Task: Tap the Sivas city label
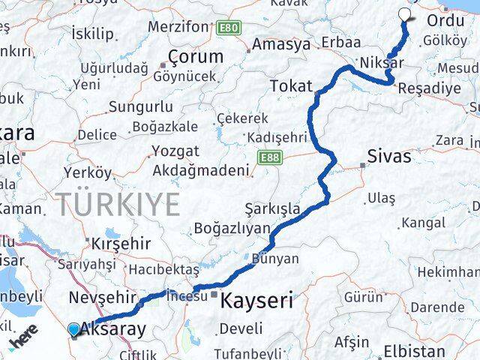389,157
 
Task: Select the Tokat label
290,86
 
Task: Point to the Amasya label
281,44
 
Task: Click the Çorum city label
196,56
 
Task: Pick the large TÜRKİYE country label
117,204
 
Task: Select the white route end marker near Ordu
405,13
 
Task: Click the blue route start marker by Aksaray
73,329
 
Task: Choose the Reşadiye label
430,88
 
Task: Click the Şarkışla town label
271,208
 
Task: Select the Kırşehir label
121,244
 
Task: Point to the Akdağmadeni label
200,170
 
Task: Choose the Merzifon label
178,26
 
